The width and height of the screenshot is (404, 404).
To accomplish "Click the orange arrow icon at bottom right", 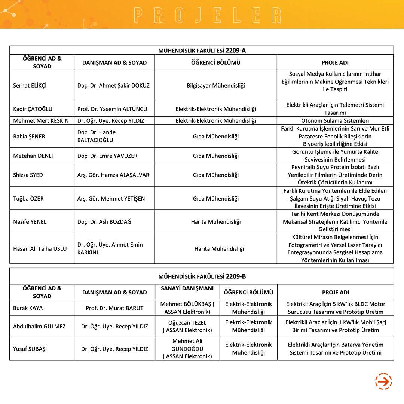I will [x=383, y=382].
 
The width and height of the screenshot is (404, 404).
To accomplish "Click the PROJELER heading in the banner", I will [x=208, y=15].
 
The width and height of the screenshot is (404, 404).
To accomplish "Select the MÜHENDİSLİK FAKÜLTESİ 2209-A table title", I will [x=202, y=50].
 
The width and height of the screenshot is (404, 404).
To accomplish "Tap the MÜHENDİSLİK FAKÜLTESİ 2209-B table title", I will [x=202, y=276].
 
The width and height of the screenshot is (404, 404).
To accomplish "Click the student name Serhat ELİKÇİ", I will [x=30, y=85].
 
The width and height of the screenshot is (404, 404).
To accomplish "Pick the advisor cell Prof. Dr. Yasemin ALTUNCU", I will [x=112, y=109].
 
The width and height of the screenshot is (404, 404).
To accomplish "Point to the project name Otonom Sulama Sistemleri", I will [x=335, y=121].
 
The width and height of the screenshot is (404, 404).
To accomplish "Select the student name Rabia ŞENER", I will [x=29, y=136].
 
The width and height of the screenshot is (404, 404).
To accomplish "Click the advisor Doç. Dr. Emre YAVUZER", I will [x=107, y=156].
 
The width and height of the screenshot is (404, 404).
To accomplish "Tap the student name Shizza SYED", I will [x=28, y=175].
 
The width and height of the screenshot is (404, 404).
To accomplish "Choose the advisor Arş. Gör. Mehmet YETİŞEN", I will [x=111, y=198].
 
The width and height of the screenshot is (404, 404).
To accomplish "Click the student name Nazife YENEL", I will [x=30, y=221].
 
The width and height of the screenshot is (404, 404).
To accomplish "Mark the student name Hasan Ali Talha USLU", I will [x=40, y=248].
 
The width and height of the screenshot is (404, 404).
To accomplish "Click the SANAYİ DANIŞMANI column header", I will [x=187, y=288].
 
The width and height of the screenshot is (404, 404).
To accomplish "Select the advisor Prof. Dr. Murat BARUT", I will [x=114, y=308].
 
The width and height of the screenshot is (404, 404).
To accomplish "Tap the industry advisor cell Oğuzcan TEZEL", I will [x=187, y=326].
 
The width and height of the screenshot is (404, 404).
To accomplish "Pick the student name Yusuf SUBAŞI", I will [x=30, y=349].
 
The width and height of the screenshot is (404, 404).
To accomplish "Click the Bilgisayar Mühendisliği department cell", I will [x=216, y=85].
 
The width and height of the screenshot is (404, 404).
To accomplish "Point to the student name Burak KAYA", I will [x=28, y=308].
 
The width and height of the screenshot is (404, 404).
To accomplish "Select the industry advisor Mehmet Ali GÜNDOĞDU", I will [x=187, y=349].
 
